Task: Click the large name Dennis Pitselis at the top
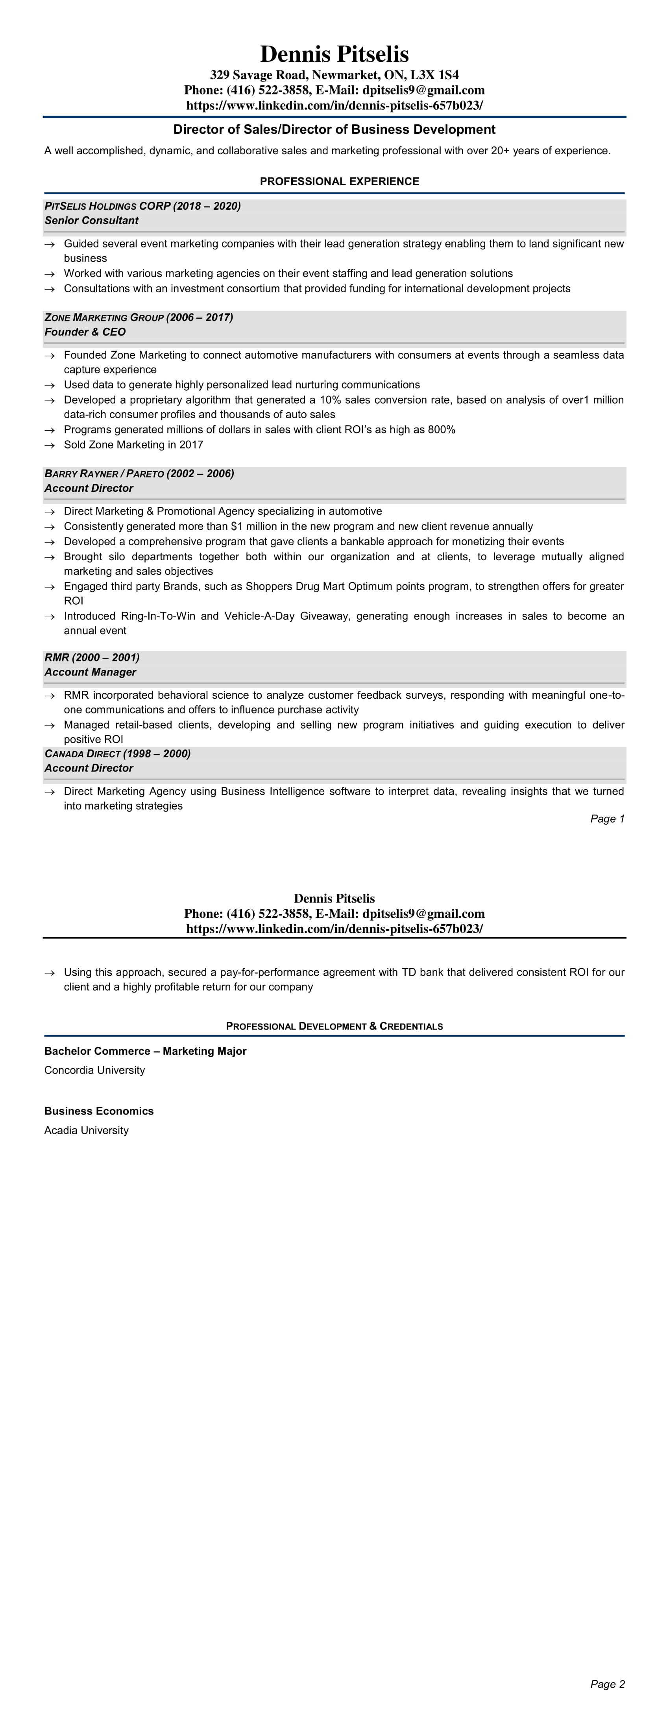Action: tap(334, 54)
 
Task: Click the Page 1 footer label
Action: tap(607, 818)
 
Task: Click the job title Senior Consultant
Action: tap(91, 220)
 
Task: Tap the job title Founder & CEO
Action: tap(85, 332)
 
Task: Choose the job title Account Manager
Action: tap(90, 672)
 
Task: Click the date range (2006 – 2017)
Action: tap(200, 317)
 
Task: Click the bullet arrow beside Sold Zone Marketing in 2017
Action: tap(49, 445)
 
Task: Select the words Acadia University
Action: tap(86, 1130)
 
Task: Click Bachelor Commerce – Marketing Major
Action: tap(145, 1051)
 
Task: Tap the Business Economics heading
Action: tap(99, 1111)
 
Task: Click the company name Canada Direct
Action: tap(82, 754)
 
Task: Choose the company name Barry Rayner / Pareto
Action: tap(104, 474)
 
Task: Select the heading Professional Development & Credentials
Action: tap(334, 1026)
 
